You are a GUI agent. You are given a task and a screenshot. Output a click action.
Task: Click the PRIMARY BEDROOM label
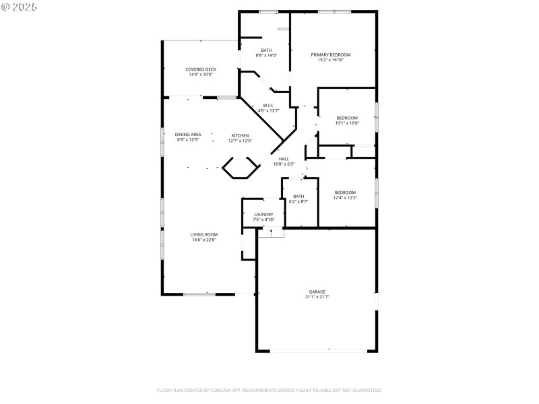[330, 55]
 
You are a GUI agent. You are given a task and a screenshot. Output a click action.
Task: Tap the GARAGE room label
[317, 292]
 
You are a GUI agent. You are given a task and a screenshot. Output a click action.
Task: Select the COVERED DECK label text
[201, 69]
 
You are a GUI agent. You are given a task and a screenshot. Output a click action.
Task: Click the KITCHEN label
[240, 135]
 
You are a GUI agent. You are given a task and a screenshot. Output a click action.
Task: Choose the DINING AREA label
[188, 135]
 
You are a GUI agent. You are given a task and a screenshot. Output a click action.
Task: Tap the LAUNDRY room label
[263, 214]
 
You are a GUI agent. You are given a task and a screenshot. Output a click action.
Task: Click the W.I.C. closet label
[268, 106]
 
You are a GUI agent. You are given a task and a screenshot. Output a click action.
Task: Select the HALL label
[284, 159]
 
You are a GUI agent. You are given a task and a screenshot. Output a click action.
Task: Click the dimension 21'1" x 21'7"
[317, 297]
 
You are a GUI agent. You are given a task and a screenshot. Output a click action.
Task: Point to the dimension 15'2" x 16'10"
[330, 60]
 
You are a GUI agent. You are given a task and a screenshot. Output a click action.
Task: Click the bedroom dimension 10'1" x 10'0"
[347, 123]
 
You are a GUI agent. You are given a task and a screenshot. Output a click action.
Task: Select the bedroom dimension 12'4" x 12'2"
[345, 198]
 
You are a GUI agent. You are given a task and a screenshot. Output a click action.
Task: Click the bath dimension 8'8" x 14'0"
[266, 55]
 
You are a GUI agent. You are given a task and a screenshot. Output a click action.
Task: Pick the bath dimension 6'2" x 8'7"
[298, 201]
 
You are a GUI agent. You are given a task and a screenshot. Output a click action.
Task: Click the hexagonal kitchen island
[241, 168]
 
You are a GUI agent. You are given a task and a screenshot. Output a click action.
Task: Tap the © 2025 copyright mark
[19, 6]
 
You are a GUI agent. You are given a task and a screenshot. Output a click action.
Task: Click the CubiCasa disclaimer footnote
[269, 390]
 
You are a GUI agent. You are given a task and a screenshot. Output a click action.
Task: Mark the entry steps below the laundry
[270, 233]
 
